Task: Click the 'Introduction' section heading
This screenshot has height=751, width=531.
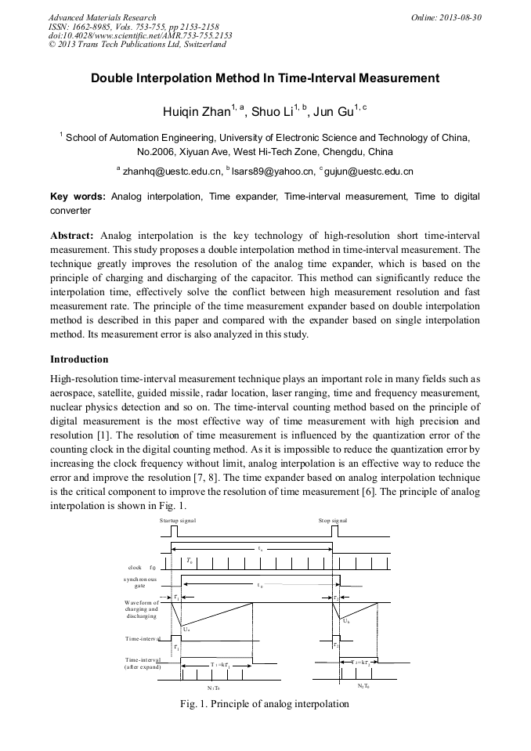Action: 79,359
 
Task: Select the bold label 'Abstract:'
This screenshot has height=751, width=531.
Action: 72,236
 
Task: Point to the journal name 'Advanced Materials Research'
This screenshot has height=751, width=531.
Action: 102,17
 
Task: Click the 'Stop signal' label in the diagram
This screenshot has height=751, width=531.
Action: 333,520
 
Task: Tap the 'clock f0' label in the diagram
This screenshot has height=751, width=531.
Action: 142,567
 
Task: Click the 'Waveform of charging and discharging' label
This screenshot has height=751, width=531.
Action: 141,609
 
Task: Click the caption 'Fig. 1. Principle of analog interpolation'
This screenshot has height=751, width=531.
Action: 264,703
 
